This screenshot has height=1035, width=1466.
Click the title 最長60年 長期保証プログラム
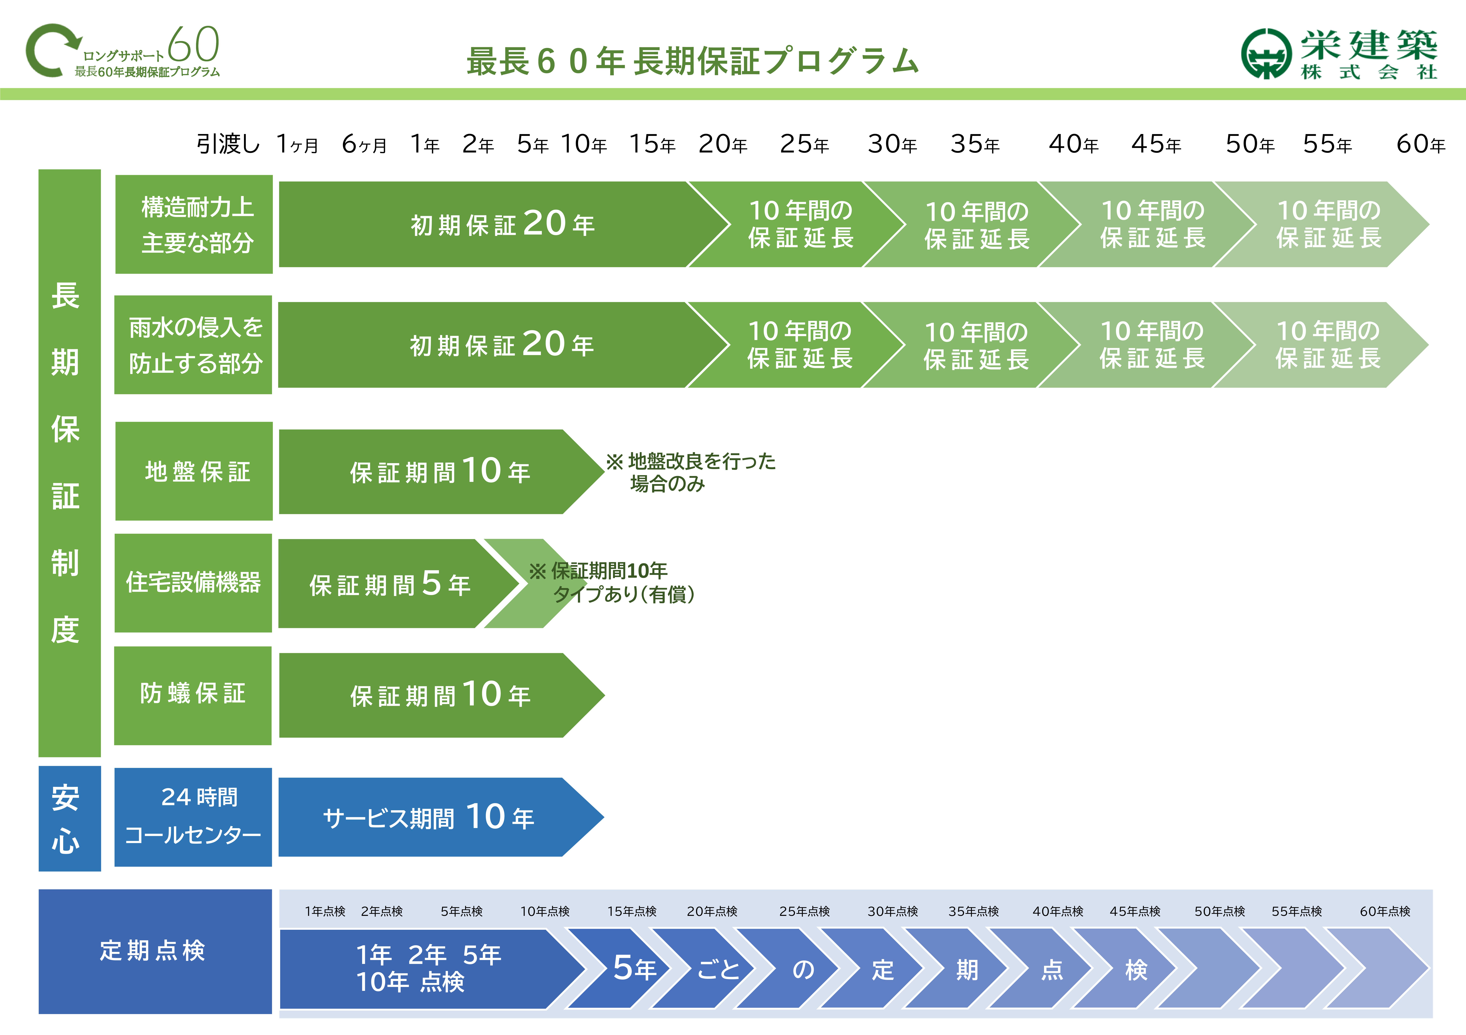(x=693, y=61)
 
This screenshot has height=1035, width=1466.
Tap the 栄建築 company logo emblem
(x=1266, y=54)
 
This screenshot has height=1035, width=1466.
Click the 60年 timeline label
(x=1421, y=144)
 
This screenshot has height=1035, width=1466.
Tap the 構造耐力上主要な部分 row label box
(x=194, y=225)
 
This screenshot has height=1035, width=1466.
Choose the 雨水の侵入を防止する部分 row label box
(x=194, y=345)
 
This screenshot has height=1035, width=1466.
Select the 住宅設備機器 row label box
(x=194, y=583)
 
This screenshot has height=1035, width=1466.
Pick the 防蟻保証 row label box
(x=193, y=696)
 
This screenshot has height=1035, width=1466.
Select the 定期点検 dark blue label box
(x=155, y=951)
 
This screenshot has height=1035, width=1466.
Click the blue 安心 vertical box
(x=70, y=819)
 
